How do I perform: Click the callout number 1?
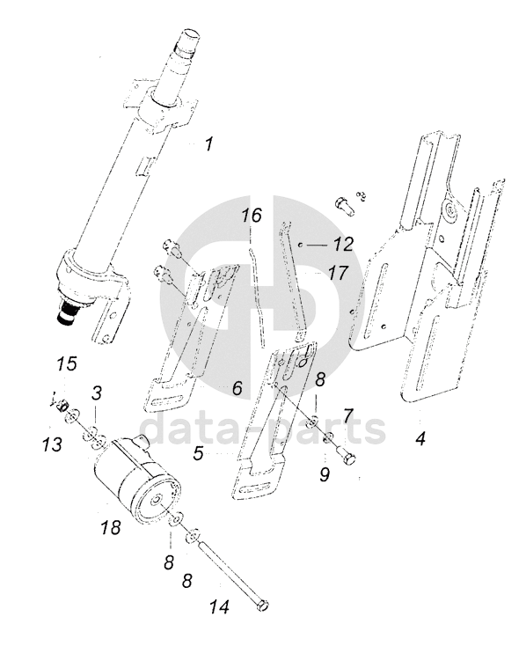point(208,144)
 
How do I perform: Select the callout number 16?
point(252,216)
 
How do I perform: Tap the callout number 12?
point(343,244)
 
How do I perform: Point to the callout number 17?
point(338,273)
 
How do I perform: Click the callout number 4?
point(421,438)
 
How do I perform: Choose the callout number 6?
point(237,388)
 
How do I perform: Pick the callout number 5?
point(198,452)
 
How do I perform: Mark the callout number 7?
point(348,415)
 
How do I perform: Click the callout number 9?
point(325,474)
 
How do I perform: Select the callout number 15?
point(68,363)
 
